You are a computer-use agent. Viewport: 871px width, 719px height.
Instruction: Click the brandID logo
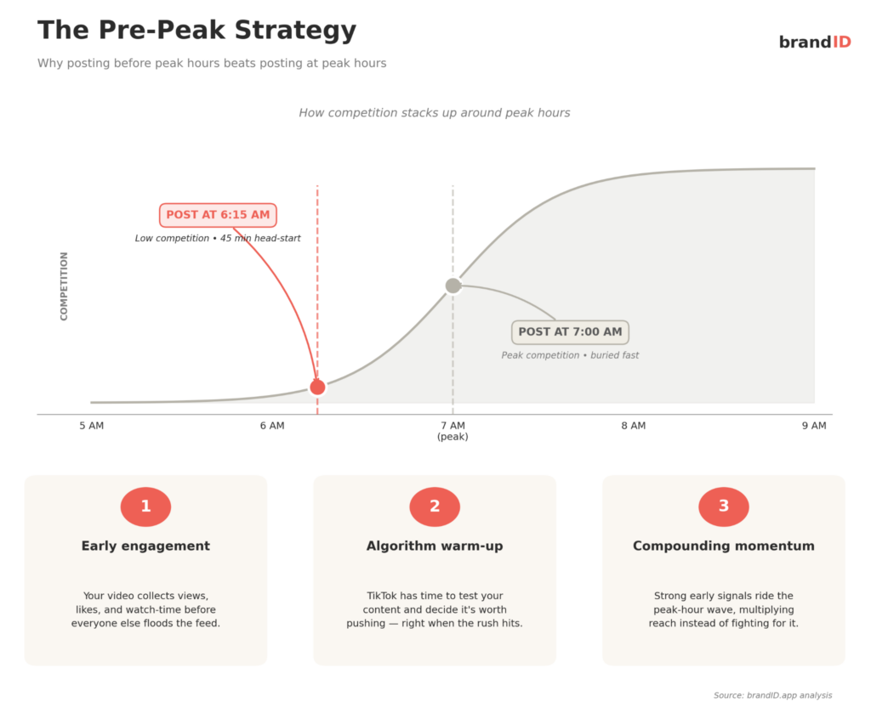(x=814, y=42)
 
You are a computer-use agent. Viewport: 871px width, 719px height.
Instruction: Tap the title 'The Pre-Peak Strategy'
(x=196, y=31)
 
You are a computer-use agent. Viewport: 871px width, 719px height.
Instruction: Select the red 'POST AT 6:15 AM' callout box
(x=218, y=215)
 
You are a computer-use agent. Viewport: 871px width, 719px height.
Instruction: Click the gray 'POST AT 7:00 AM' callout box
(x=570, y=331)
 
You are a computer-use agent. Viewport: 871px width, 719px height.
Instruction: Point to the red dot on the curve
(x=317, y=387)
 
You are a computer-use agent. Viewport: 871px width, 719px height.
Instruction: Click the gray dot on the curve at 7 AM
(x=453, y=286)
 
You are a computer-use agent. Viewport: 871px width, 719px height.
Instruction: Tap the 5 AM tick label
(x=91, y=426)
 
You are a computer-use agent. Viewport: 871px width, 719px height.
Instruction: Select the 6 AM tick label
(x=272, y=426)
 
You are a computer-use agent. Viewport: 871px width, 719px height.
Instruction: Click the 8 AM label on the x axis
(x=633, y=426)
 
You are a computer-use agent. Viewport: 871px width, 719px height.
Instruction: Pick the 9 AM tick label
(x=813, y=426)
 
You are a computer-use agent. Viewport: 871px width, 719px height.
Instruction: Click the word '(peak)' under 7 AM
(x=453, y=437)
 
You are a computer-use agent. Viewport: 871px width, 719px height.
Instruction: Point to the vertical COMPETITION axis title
(x=65, y=286)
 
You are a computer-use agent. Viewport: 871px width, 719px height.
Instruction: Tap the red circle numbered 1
(x=145, y=507)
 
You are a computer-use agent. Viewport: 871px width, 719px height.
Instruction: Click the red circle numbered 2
(x=435, y=507)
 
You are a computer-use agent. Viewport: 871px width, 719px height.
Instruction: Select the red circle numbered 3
(x=724, y=507)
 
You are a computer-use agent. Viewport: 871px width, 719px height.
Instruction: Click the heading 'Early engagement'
(x=145, y=546)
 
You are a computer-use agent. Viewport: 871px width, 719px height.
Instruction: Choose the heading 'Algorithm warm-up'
(x=435, y=546)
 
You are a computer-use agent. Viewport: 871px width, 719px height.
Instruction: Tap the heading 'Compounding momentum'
(x=724, y=546)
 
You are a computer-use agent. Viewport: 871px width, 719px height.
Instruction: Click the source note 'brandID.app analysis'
(x=772, y=695)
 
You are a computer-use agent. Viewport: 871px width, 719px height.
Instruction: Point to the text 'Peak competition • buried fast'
(x=570, y=355)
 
